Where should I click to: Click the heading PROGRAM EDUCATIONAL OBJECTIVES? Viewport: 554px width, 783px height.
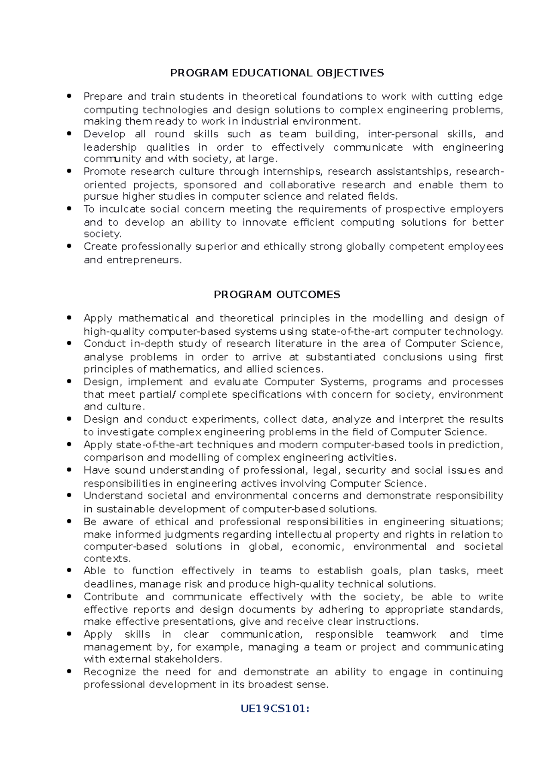pos(277,73)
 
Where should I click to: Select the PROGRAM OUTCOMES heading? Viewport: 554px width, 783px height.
pos(277,295)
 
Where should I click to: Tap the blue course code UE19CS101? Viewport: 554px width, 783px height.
pos(275,709)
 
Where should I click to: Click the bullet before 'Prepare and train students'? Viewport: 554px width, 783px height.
pos(69,96)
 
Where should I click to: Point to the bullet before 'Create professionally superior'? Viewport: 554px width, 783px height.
pos(69,246)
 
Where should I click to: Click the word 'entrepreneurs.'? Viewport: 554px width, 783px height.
pos(144,260)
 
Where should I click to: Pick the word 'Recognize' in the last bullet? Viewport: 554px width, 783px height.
pos(109,672)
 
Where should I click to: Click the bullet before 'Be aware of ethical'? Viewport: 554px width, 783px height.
pos(69,522)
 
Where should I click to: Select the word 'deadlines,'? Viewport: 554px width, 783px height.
pos(109,584)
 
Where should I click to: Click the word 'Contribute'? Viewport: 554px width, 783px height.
pos(111,597)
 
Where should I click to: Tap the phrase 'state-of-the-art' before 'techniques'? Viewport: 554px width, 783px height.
pos(156,445)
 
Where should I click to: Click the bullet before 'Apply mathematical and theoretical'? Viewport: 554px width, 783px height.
pos(69,318)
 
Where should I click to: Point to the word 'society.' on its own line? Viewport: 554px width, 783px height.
pos(102,234)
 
